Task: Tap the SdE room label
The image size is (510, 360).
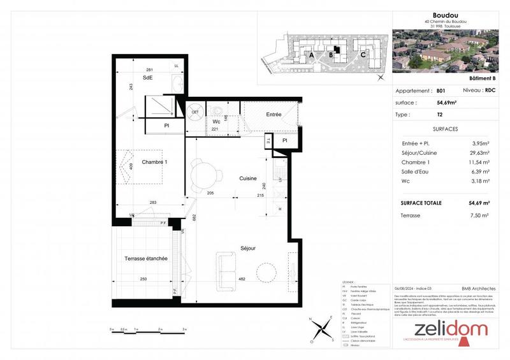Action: coord(147,78)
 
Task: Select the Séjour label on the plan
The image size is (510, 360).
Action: coord(248,248)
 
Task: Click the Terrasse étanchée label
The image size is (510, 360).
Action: coord(145,259)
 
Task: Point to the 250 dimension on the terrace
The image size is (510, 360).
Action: coord(145,279)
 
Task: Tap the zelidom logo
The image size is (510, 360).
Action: coord(451,330)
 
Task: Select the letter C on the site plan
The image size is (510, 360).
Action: coord(363,54)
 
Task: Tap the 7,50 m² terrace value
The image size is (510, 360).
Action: coord(479,216)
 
